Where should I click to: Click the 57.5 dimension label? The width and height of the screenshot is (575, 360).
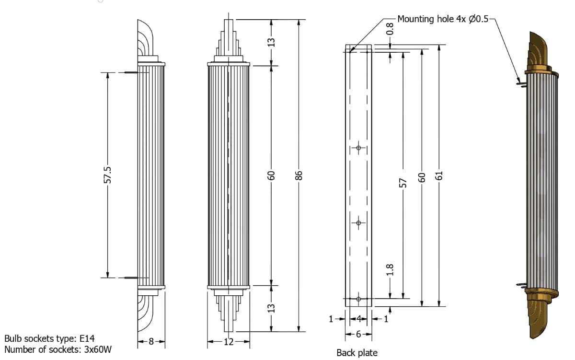click(108, 175)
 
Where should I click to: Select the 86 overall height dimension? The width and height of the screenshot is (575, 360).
click(299, 175)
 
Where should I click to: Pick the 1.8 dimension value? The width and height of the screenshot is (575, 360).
click(390, 269)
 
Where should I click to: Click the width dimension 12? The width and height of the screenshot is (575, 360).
click(229, 342)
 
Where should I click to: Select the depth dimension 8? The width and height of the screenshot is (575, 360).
click(151, 342)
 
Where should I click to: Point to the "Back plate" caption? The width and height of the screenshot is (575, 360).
click(357, 353)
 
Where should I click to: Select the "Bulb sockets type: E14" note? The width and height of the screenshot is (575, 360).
click(53, 339)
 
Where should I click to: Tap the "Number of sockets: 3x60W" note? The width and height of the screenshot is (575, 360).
click(58, 349)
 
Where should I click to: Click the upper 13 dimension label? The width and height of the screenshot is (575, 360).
click(271, 42)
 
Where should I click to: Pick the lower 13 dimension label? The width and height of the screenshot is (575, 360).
click(271, 307)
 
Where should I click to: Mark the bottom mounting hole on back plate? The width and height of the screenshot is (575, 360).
click(358, 299)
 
